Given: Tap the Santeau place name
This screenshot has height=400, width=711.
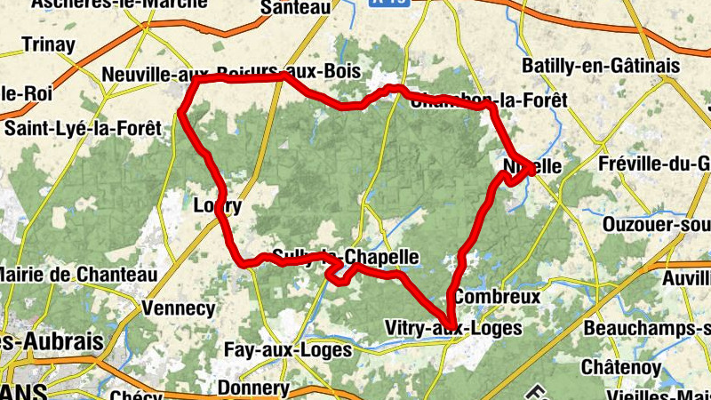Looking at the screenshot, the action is (x=297, y=7).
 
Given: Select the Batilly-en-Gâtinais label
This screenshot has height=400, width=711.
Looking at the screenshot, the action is (x=601, y=66).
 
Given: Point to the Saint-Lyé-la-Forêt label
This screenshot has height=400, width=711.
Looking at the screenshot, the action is (x=83, y=127).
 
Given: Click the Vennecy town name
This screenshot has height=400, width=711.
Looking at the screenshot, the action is (x=179, y=308).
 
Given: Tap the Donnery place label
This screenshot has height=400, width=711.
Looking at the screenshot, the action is (x=253, y=388).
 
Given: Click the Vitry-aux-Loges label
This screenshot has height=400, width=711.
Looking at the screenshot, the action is (x=452, y=329).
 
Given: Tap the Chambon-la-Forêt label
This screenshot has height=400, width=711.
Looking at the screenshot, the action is (x=489, y=100).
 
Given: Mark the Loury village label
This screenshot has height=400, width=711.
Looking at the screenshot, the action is (x=218, y=206).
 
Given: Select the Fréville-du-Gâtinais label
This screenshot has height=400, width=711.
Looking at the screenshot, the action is (x=654, y=164).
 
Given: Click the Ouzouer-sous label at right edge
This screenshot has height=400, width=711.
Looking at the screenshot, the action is (x=657, y=225).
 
